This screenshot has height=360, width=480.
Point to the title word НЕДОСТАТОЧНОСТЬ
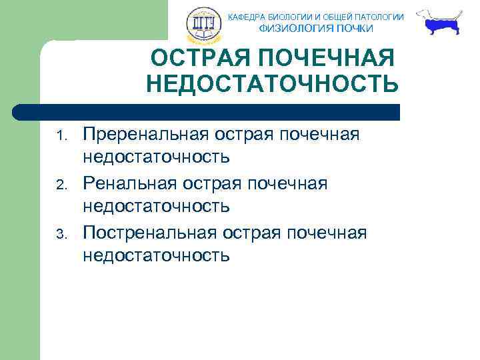click(272, 85)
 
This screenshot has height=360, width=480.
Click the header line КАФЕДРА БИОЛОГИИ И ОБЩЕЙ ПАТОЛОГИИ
click(316, 17)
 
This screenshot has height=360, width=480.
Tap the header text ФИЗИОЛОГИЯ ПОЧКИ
click(316, 29)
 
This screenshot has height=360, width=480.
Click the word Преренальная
click(145, 135)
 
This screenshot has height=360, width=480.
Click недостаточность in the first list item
click(156, 158)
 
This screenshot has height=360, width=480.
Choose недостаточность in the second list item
click(156, 207)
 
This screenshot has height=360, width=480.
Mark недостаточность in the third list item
click(156, 255)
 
